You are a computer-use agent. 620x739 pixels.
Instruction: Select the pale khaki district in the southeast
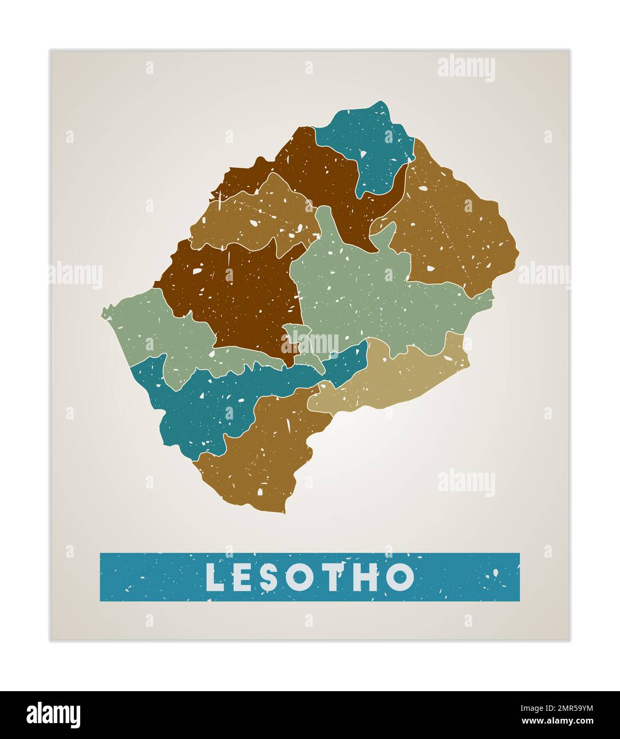(x=393, y=377)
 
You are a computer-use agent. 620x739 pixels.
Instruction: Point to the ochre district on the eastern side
(x=452, y=234)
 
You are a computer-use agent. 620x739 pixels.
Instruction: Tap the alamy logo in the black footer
(x=53, y=715)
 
